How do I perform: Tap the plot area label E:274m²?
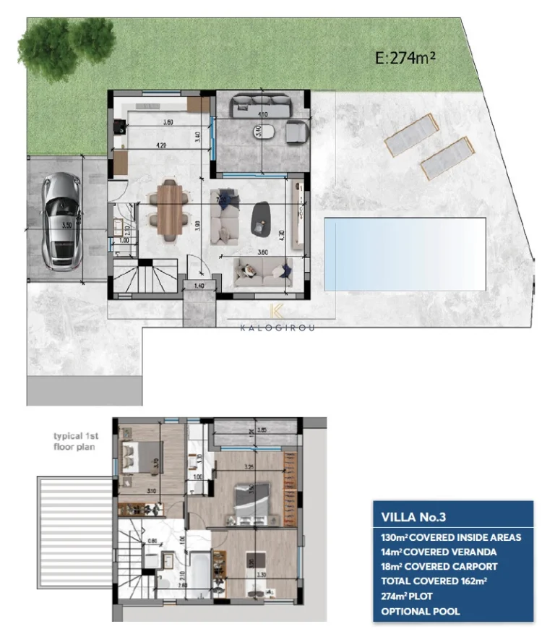pos(405,59)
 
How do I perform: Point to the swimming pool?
pos(404,253)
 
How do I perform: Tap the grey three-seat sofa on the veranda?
pos(260,108)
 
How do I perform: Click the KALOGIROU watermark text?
pos(277,326)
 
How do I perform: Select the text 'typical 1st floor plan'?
pos(74,441)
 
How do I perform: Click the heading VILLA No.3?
pos(414,517)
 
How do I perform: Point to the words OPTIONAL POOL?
pos(420,612)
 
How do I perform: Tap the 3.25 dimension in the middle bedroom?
pos(249,467)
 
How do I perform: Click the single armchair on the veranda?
pos(296,133)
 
